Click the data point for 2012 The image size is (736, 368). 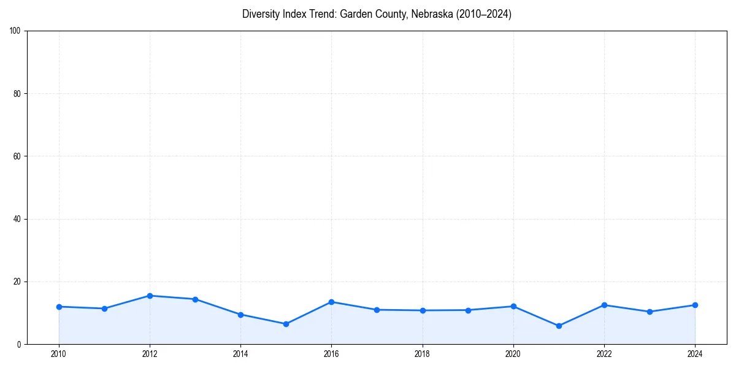150,296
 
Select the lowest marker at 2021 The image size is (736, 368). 559,326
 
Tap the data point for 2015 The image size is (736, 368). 286,324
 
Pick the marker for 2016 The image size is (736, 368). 331,302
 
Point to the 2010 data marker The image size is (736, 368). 59,307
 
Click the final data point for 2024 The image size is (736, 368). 695,305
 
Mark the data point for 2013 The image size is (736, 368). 195,299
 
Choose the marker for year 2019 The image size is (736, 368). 468,310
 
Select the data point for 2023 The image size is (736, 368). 650,312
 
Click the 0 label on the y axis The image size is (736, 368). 20,344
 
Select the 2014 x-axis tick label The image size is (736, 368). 240,354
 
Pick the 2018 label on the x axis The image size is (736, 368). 422,354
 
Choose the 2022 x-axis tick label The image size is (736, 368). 604,354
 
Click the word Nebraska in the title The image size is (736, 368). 432,14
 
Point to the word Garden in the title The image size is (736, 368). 353,14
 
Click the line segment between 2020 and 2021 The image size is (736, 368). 536,316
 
